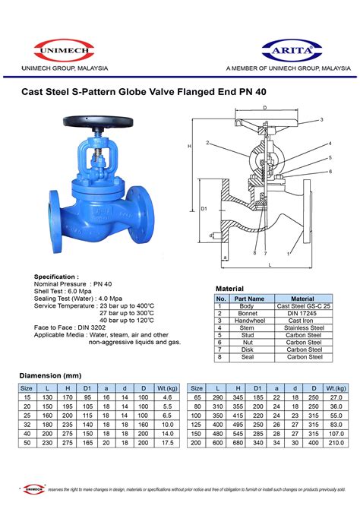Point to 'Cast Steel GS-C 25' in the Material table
(x=302, y=305)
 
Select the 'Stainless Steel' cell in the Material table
(x=302, y=328)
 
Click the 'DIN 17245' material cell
(x=302, y=313)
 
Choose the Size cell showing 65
(x=197, y=397)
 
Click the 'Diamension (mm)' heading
(x=49, y=375)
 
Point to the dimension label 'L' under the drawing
(x=270, y=265)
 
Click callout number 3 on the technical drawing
(x=321, y=120)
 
